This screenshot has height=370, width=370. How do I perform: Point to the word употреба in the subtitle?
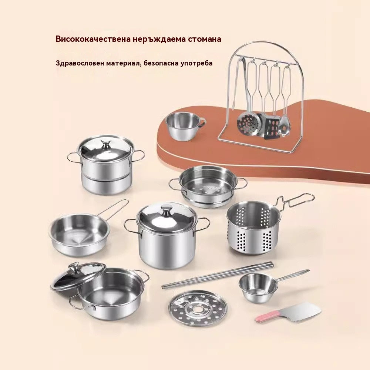[196, 63]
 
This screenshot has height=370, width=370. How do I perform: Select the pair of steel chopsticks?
[218, 275]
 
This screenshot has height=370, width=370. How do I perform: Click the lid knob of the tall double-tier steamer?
[106, 144]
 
